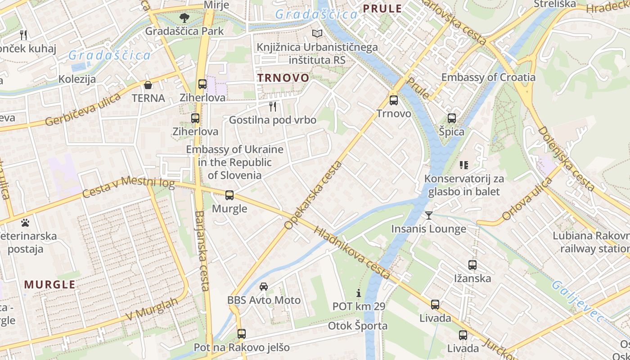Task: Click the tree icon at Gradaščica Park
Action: pos(184,18)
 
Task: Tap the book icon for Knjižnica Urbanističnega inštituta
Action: pos(317,34)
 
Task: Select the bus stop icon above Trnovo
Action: pos(394,100)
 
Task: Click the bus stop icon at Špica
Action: pos(452,118)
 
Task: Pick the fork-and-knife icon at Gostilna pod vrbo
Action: pos(272,106)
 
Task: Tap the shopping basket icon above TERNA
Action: pos(148,85)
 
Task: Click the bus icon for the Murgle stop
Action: pos(229,195)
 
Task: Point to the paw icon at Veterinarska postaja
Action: pos(25,222)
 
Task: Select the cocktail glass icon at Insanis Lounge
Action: pos(428,216)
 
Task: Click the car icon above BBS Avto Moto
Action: pos(264,287)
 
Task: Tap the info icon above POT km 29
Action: pos(359,293)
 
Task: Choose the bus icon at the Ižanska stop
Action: pos(472,265)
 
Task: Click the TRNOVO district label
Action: pos(283,78)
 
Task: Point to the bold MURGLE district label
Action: pos(49,284)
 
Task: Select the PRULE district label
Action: pos(382,9)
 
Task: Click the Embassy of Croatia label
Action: pos(488,77)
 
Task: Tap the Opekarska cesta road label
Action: pos(313,195)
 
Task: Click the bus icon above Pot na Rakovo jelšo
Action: pos(242,334)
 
